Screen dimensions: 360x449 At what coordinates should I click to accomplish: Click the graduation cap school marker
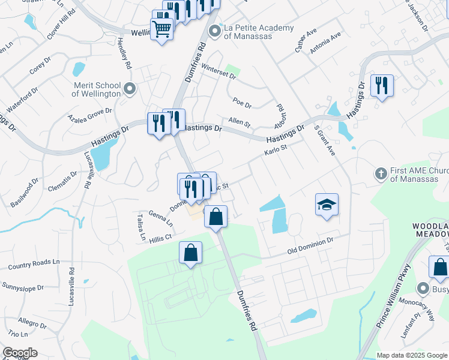(x=327, y=205)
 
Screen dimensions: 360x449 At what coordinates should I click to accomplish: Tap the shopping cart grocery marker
(x=161, y=28)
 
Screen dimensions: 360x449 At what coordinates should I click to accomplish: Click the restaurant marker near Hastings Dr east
(x=381, y=86)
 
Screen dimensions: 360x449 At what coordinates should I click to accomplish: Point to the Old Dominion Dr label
(x=310, y=245)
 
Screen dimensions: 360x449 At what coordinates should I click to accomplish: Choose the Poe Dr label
(x=244, y=103)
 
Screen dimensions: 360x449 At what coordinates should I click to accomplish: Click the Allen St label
(x=239, y=122)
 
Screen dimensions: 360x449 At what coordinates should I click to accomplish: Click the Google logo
(x=20, y=353)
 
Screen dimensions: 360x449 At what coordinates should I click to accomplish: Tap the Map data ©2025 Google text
(x=411, y=355)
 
